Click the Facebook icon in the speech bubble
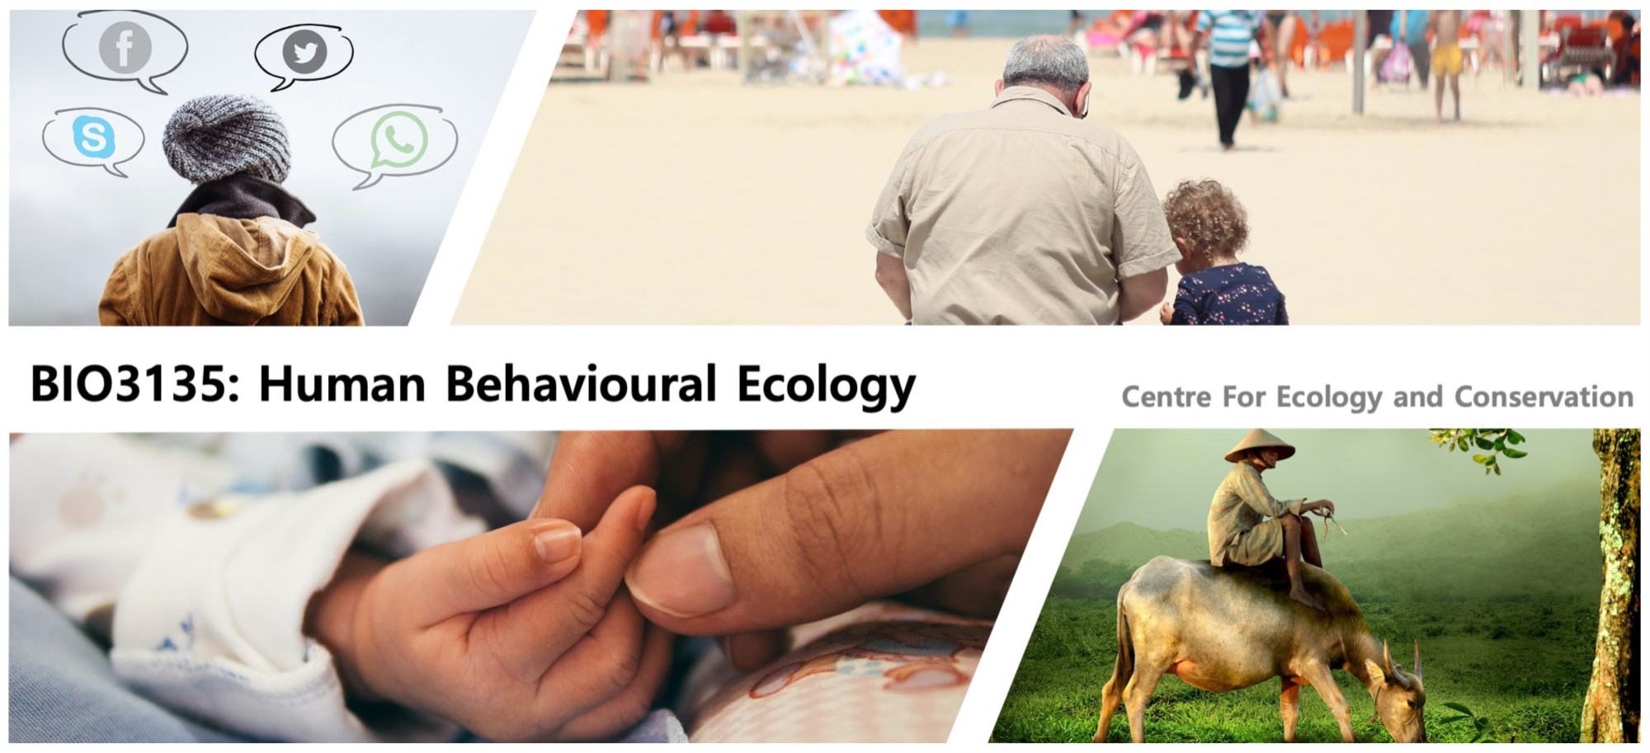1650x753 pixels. (x=125, y=47)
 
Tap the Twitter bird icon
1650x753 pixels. (x=304, y=52)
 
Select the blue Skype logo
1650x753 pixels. (x=93, y=136)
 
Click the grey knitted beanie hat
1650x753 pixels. (x=226, y=139)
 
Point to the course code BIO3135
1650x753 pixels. (x=135, y=384)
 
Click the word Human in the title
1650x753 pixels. (x=342, y=384)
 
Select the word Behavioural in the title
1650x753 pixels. (x=581, y=384)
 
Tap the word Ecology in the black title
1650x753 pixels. (x=826, y=386)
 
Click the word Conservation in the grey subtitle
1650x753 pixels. (x=1544, y=397)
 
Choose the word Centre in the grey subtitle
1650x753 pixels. (x=1167, y=397)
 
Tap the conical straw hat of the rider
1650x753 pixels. (x=1259, y=446)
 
